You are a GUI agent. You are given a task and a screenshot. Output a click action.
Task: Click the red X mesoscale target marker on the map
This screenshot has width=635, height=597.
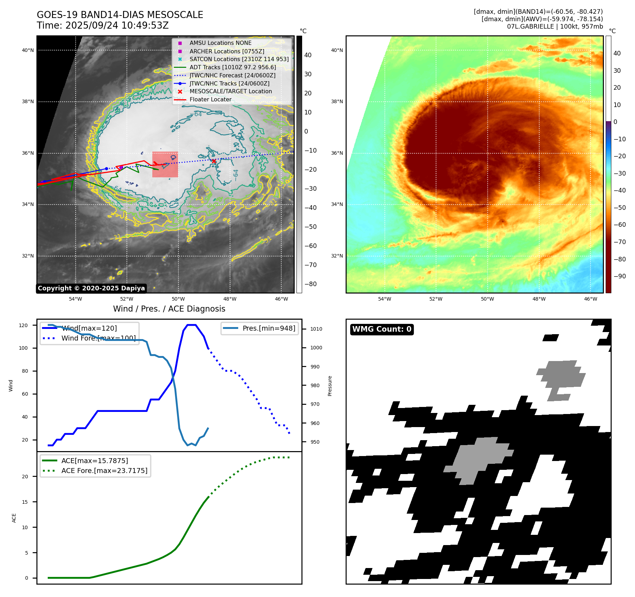pos(214,161)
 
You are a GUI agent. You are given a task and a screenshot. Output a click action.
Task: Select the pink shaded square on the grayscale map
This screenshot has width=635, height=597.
pos(165,165)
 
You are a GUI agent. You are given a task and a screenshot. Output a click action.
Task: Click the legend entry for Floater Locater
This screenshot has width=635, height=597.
pos(210,100)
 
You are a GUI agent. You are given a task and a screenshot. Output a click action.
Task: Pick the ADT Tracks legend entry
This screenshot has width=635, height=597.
pos(233,67)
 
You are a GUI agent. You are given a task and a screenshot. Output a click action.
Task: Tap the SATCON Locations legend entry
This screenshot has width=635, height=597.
pos(239,59)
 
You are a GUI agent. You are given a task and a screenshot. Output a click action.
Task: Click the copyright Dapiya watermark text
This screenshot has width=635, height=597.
pos(91,288)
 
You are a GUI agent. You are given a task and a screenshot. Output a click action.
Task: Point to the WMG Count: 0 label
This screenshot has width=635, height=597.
pos(382,329)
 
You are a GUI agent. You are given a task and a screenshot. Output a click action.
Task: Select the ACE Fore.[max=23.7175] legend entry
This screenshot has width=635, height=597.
pos(104,471)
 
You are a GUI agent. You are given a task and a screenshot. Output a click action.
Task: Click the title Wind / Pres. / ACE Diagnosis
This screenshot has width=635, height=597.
pos(169,309)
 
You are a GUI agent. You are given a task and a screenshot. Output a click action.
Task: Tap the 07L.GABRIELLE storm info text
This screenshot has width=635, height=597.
pos(555,26)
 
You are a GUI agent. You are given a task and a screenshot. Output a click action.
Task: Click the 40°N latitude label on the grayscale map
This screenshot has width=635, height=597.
pos(28,50)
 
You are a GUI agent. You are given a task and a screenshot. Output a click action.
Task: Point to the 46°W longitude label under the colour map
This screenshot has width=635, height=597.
pos(590,299)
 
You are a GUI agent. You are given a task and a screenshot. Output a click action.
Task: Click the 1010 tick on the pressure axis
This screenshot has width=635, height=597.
pos(316,329)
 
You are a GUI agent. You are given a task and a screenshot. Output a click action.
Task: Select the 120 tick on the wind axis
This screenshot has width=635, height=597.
pos(23,325)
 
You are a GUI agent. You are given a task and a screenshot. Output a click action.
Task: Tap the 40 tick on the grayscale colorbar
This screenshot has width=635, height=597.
pos(308,55)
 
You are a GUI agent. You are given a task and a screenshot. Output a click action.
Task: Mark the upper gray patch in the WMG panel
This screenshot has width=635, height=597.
pos(560,376)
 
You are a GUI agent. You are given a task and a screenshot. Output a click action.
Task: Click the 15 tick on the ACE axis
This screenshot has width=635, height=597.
pos(25,502)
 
